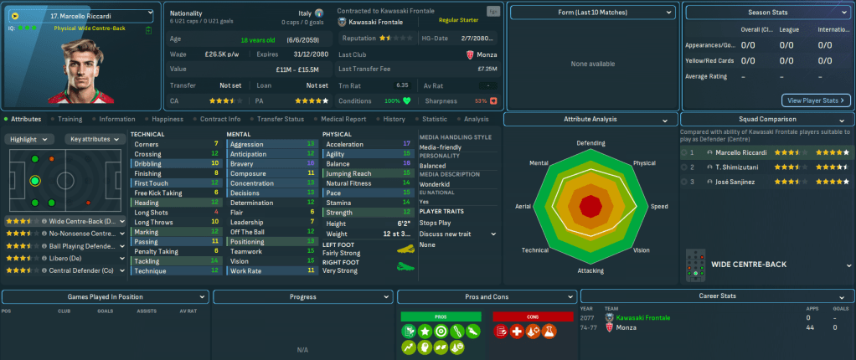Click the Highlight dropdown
[x=31, y=139]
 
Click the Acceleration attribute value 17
[x=406, y=144]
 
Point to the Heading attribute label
[x=147, y=202]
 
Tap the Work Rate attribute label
[x=245, y=270]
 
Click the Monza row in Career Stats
[x=627, y=327]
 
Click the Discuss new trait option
[x=451, y=234]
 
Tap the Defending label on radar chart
[x=590, y=143]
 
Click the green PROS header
[x=441, y=316]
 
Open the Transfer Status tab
[x=281, y=119]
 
